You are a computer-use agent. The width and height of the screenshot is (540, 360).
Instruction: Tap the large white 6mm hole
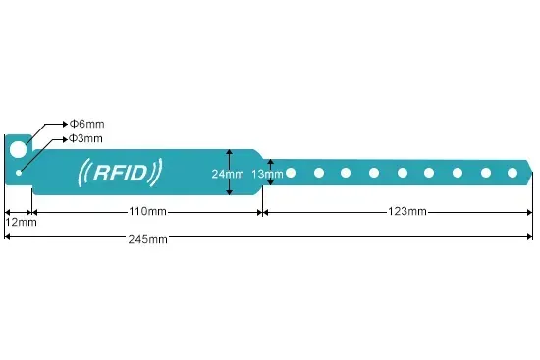coord(18,149)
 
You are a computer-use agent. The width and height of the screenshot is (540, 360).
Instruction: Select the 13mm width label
coord(266,175)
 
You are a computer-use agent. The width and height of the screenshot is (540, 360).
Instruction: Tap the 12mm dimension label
coord(21,222)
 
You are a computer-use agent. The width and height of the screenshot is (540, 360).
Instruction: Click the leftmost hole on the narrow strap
coord(291,173)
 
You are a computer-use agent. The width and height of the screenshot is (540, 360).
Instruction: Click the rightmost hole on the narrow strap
coord(512,173)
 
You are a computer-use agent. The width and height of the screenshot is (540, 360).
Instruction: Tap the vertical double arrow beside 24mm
coord(229,174)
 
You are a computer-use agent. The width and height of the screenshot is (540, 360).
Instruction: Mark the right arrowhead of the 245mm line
coord(530,238)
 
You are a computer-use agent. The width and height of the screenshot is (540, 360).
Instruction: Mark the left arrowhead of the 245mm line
coord(8,238)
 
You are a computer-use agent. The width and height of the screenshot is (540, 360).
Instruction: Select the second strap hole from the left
coord(318,173)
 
